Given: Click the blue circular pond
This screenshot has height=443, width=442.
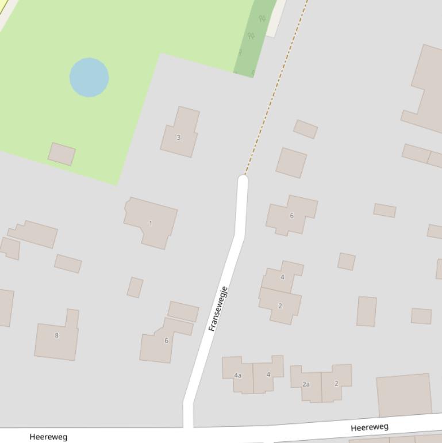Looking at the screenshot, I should pyautogui.click(x=89, y=77).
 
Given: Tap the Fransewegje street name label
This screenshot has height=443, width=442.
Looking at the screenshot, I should pyautogui.click(x=218, y=309).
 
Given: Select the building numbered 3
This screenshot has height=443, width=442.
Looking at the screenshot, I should pyautogui.click(x=179, y=132).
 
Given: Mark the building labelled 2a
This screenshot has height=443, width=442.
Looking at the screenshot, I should pyautogui.click(x=306, y=383).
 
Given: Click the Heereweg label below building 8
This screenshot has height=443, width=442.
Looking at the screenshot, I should pyautogui.click(x=48, y=437).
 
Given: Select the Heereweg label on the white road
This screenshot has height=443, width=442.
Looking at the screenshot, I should pyautogui.click(x=370, y=427).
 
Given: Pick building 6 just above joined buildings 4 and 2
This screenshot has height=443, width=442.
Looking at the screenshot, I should pyautogui.click(x=291, y=215).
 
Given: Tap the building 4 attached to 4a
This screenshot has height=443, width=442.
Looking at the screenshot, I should pyautogui.click(x=268, y=374).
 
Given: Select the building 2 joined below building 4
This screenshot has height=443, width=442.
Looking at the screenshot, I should pyautogui.click(x=280, y=305).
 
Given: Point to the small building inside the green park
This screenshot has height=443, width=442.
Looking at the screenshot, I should pyautogui.click(x=62, y=154).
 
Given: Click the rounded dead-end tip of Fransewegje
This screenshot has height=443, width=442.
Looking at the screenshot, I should pyautogui.click(x=243, y=181).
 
